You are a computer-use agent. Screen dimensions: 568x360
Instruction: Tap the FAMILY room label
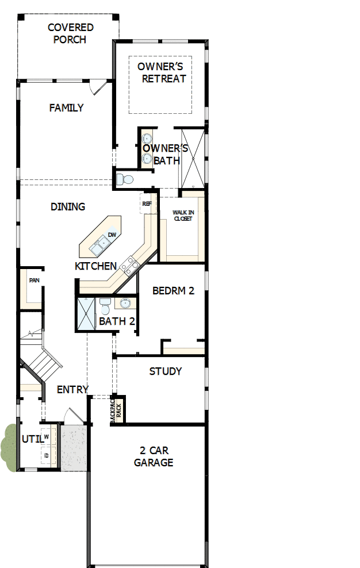tap(66, 108)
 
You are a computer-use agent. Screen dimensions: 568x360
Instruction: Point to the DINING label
tap(68, 206)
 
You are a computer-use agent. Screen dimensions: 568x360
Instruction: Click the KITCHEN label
tap(96, 266)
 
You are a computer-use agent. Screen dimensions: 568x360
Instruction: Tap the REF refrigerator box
tap(146, 204)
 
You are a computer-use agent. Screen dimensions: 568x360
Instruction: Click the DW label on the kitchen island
tap(112, 235)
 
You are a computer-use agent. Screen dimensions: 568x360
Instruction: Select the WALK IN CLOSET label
tap(183, 216)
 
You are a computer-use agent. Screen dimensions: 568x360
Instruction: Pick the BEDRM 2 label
tap(173, 290)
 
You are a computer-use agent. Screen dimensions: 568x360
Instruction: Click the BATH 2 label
tap(117, 321)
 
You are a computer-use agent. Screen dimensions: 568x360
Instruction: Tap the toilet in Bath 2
tap(105, 304)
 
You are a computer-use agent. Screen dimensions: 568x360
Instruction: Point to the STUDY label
tap(166, 371)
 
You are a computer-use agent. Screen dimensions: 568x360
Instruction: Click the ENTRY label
tap(72, 389)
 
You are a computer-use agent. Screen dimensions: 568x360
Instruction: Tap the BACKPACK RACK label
tap(116, 410)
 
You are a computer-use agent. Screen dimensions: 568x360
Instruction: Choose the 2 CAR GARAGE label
tap(154, 456)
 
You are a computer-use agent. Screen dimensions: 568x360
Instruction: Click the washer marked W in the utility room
tap(46, 437)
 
